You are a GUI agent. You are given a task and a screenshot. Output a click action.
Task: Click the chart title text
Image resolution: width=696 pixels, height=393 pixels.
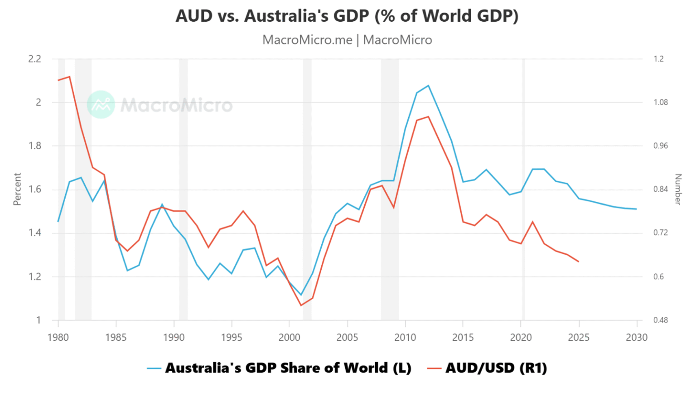pos(347,16)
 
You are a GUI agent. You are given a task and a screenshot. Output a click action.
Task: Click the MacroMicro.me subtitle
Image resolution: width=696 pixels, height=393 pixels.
pos(347,40)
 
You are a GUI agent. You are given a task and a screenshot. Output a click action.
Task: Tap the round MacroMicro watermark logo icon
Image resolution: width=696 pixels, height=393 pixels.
pos(101,104)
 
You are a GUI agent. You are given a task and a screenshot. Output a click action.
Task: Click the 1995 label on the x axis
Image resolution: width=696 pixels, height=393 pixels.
pos(232,337)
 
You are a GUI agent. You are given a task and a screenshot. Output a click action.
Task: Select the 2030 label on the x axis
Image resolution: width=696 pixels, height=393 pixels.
pos(637,337)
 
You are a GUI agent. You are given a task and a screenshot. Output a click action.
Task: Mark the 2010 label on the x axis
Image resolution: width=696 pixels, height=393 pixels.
pos(405,337)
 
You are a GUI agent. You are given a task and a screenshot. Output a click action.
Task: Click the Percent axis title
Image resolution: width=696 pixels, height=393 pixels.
pos(17,189)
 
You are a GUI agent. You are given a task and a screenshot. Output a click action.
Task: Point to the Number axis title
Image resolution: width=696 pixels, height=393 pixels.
pos(678,189)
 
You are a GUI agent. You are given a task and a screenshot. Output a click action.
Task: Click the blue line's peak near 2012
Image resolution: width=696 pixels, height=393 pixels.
pos(428,85)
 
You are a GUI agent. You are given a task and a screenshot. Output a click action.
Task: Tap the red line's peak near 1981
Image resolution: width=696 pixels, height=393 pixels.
pos(69,77)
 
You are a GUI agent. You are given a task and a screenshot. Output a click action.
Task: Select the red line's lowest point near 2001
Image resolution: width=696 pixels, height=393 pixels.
pos(301,305)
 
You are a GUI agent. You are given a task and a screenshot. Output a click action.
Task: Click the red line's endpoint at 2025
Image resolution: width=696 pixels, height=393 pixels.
pos(579,262)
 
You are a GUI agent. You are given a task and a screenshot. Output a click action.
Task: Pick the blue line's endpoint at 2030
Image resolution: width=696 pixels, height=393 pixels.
pos(637,209)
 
